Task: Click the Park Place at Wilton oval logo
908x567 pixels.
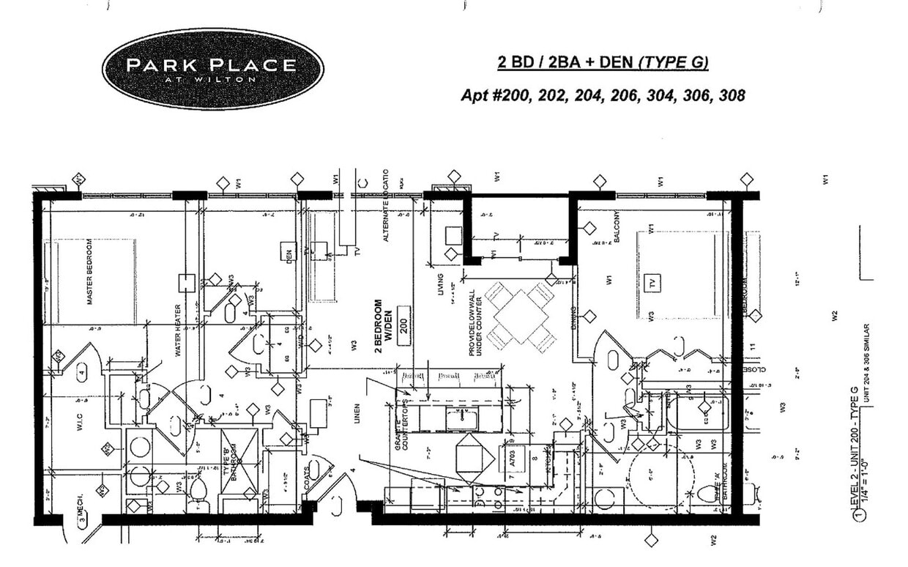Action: [212, 68]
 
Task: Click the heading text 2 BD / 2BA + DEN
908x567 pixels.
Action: [567, 63]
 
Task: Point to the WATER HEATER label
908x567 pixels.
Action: [177, 330]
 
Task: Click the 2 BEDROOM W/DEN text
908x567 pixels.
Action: [383, 325]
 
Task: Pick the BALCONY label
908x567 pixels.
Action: [618, 226]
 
